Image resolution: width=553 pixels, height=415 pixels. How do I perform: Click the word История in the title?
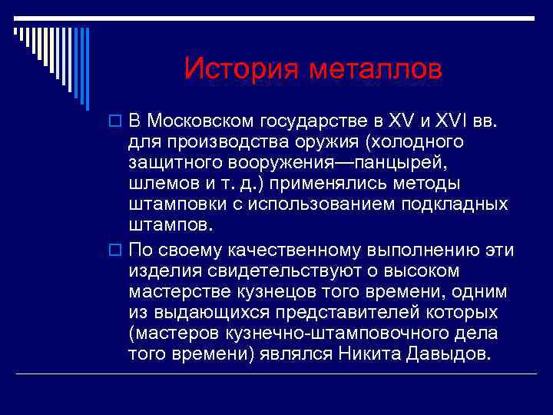242,70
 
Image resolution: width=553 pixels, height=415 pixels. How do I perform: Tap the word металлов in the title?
376,70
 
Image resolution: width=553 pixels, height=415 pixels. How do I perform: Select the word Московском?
202,121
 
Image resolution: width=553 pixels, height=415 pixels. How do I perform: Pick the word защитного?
176,164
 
